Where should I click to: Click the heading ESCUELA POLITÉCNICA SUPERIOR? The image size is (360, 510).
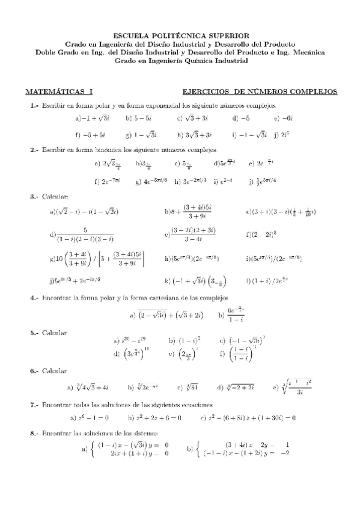180,36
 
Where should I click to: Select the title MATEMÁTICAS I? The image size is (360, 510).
59,92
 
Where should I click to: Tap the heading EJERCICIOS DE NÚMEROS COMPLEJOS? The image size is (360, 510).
259,92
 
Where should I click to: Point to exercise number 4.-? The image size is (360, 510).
34,298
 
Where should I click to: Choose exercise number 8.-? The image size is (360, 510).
34,432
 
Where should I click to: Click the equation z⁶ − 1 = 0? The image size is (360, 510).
93,417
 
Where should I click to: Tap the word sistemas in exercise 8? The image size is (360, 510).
145,432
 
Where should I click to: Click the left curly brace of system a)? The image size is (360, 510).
92,449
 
